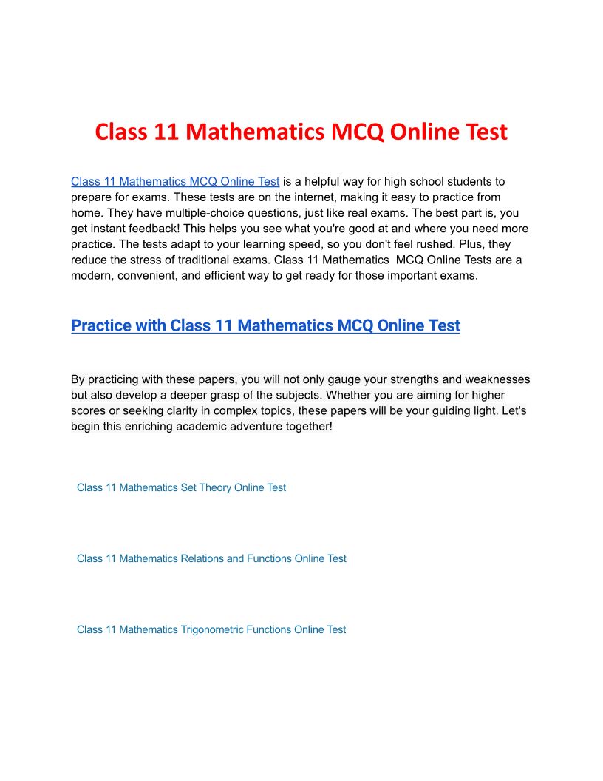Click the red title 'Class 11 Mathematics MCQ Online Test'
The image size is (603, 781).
[301, 132]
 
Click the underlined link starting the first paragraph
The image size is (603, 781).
[175, 181]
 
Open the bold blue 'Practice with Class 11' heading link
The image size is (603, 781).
[265, 325]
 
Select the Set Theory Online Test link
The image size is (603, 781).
[181, 487]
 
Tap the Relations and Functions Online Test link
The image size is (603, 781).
[211, 558]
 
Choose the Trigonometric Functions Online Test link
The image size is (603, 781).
[211, 629]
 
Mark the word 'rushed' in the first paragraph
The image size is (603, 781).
[459, 243]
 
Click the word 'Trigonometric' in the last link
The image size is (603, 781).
[212, 629]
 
